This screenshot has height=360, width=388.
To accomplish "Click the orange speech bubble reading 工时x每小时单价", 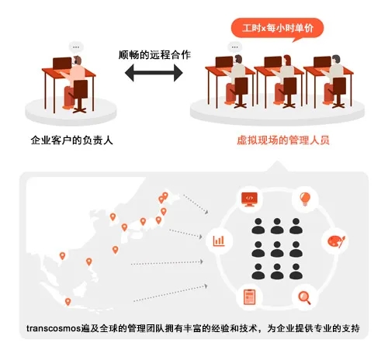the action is [277, 29].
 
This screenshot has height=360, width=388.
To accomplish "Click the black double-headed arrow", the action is [154, 73].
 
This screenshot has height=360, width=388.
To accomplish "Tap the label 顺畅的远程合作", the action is [154, 55].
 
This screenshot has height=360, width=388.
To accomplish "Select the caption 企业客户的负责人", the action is [71, 140].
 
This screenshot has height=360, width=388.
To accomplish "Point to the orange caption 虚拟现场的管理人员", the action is [283, 140].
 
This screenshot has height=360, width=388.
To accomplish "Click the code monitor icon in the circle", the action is [249, 199].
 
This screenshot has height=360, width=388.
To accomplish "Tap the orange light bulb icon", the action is [305, 199].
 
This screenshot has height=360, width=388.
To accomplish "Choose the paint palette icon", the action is [336, 241].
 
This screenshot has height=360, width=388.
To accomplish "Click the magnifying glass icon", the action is [304, 298].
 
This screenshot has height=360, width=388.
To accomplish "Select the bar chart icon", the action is [219, 241].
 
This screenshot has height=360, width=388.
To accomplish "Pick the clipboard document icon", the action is [249, 297].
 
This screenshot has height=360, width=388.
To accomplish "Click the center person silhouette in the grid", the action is [277, 249].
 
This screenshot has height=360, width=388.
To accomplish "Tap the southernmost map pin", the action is [68, 302].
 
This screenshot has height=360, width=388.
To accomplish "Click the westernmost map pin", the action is [62, 256].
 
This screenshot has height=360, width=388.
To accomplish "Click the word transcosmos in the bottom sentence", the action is [54, 328].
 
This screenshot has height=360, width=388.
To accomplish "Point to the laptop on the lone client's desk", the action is [62, 64].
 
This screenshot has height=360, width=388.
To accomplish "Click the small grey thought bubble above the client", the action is [76, 47].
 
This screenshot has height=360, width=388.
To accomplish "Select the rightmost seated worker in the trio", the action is [334, 79].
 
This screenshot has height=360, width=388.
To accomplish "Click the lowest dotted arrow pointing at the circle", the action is [171, 293].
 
